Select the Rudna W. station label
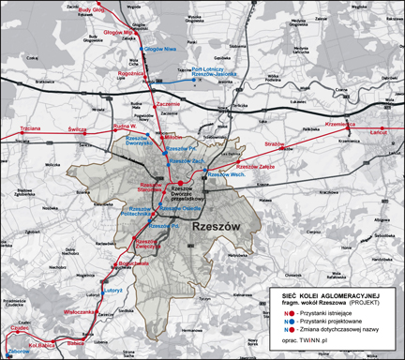click(98, 125)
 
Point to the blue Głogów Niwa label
click(160, 48)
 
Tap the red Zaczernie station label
click(168, 102)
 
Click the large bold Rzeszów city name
click(216, 227)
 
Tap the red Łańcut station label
click(379, 134)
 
